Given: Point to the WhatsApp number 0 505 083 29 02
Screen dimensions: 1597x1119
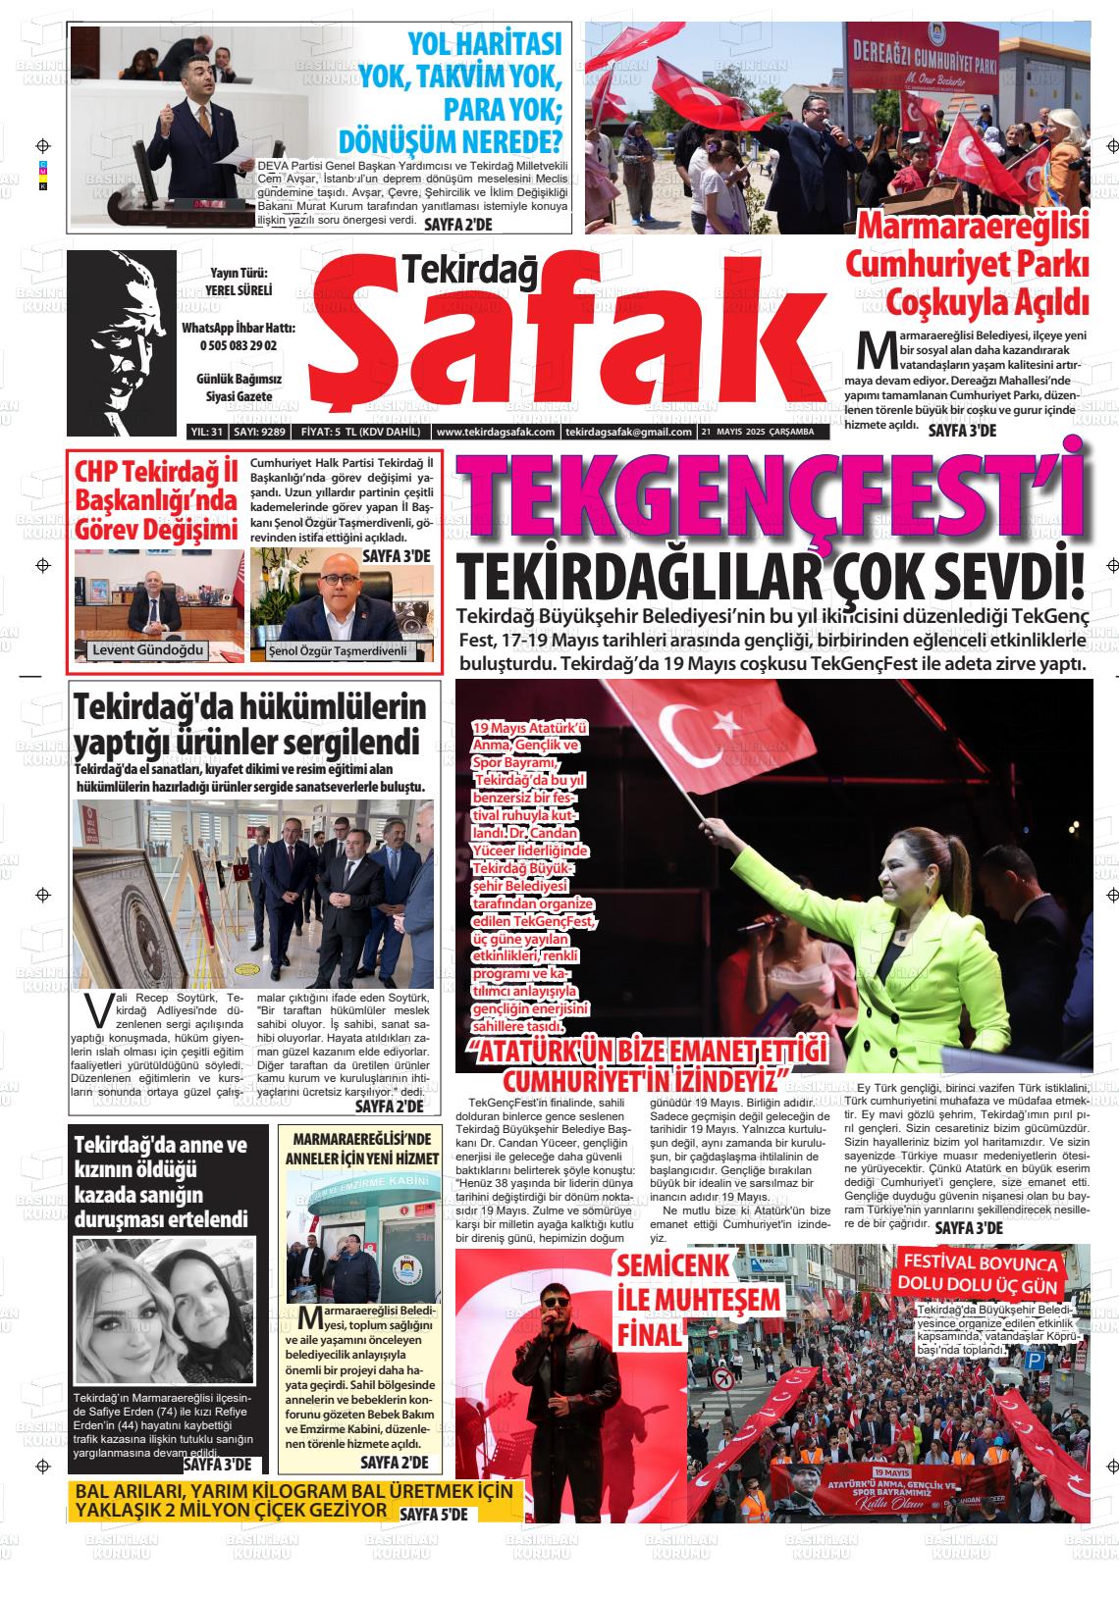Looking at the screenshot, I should [239, 345].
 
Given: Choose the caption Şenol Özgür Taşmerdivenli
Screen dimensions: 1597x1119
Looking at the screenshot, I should [337, 651].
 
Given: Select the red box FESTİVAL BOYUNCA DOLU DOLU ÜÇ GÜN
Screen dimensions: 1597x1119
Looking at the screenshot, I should [978, 1274].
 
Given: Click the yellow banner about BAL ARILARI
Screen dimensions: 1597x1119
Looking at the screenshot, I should [294, 1500].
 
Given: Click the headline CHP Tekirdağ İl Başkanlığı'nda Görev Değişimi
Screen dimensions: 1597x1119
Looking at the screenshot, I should [157, 500].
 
